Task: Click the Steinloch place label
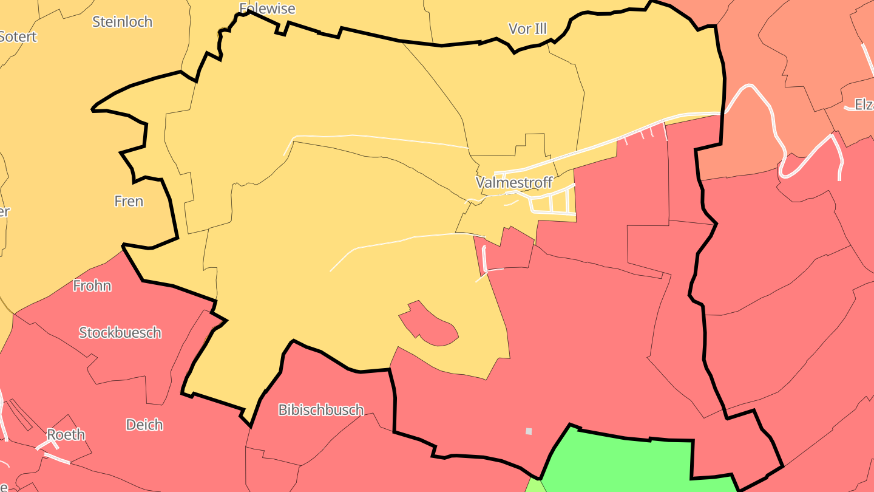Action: [122, 22]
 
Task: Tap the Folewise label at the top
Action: [267, 9]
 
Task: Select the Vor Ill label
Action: [527, 29]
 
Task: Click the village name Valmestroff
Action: [514, 182]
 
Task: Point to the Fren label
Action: [129, 201]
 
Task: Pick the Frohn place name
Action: [92, 285]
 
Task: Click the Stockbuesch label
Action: [120, 333]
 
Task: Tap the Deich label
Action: [144, 425]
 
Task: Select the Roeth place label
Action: [66, 435]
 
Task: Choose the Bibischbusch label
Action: [321, 410]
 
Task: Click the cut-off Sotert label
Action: [18, 36]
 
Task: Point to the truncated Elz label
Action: [864, 104]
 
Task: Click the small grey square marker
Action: [529, 431]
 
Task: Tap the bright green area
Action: [625, 465]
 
